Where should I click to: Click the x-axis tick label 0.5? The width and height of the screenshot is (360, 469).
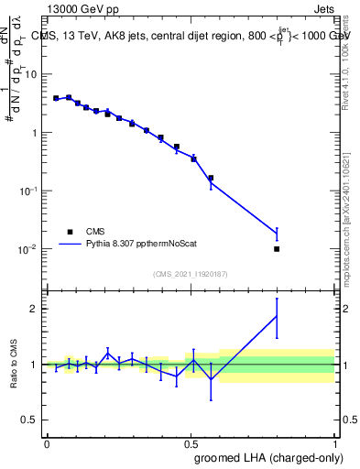pyautogui.click(x=191, y=442)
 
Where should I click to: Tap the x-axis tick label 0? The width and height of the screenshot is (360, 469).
pyautogui.click(x=47, y=442)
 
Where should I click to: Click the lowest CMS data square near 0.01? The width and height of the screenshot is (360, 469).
pyautogui.click(x=277, y=249)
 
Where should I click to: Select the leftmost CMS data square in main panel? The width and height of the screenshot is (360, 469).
pyautogui.click(x=56, y=98)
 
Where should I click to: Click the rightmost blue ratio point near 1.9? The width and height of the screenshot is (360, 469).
pyautogui.click(x=277, y=316)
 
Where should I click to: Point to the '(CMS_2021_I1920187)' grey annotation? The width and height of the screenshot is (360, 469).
pyautogui.click(x=190, y=273)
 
